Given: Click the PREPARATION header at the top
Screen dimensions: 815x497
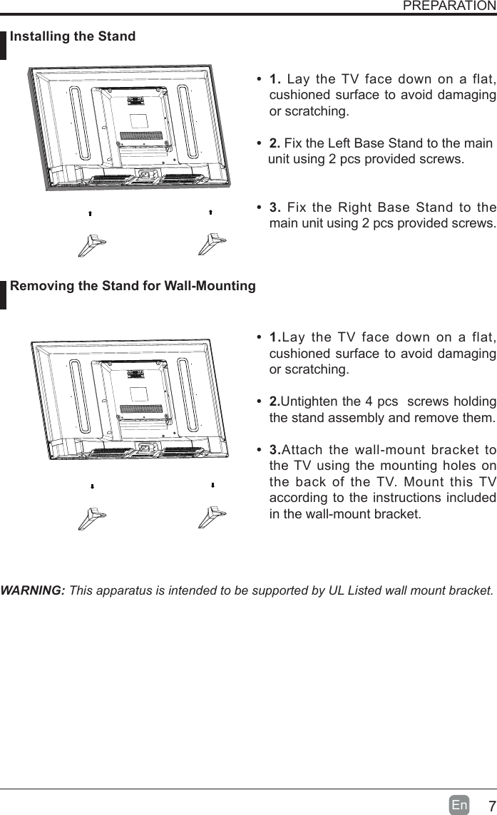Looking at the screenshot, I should coord(449,6).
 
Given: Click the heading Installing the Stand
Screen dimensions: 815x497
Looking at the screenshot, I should coord(73,36).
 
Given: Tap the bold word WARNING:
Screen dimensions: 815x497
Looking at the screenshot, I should coord(34,590).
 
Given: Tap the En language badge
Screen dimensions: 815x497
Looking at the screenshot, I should coord(460,804).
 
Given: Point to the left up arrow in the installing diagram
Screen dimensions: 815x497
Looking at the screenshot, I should coord(91,212).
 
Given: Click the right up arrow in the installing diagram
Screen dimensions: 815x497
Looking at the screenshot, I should coord(212,212).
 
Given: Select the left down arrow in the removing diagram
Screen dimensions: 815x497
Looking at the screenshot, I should coord(92,486).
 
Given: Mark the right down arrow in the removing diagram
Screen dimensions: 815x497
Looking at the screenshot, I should coord(212,485).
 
